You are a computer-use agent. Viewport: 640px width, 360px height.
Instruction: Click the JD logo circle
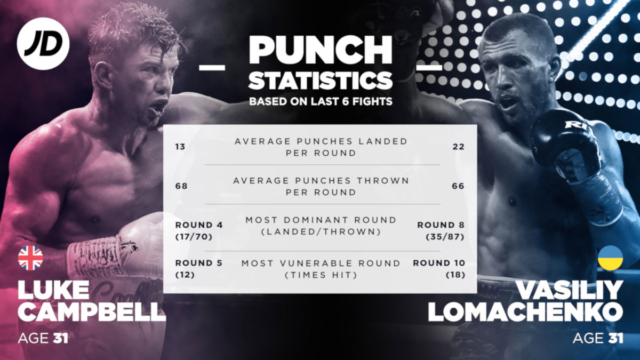point(43,43)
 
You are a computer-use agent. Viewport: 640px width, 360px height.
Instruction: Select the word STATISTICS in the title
point(320,81)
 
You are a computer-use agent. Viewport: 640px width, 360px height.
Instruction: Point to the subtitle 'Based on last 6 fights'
point(320,102)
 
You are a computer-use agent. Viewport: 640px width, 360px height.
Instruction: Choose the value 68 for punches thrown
point(181,186)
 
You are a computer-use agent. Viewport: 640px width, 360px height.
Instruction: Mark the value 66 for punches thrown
point(458,186)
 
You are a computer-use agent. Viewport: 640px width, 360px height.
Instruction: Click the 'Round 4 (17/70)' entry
point(199,230)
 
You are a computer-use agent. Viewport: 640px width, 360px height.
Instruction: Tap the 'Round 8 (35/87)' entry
point(441,230)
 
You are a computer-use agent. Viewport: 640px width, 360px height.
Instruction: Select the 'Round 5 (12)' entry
point(199,269)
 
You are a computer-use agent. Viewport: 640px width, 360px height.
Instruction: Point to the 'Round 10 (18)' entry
point(438,269)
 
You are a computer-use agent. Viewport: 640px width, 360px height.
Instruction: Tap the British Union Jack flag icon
point(30,258)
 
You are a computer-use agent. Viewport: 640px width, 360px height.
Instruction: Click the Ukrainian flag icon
point(610,258)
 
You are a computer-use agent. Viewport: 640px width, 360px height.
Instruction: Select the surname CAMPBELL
point(92,312)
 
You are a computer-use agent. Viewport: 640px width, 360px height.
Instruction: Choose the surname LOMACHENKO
point(525,312)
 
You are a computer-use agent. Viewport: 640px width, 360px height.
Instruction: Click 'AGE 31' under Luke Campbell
point(43,338)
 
